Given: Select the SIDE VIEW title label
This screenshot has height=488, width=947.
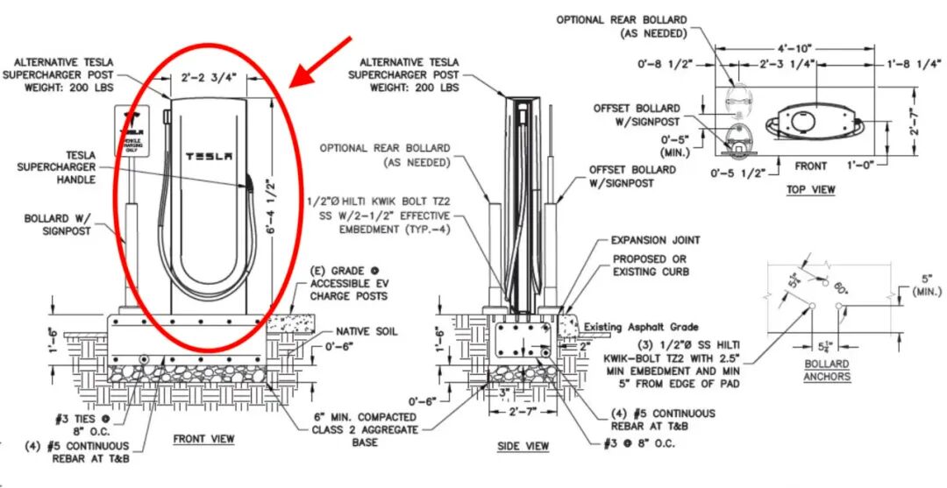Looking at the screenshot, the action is click(523, 446).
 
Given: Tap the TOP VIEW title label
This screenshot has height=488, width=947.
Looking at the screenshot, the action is click(810, 189).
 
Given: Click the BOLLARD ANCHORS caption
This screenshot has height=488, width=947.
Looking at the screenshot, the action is click(826, 370).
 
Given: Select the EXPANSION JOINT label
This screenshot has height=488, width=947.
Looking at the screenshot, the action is click(655, 239).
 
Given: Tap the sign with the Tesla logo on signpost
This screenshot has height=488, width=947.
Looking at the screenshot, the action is click(134, 131).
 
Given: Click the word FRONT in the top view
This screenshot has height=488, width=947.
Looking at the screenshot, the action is click(810, 166).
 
